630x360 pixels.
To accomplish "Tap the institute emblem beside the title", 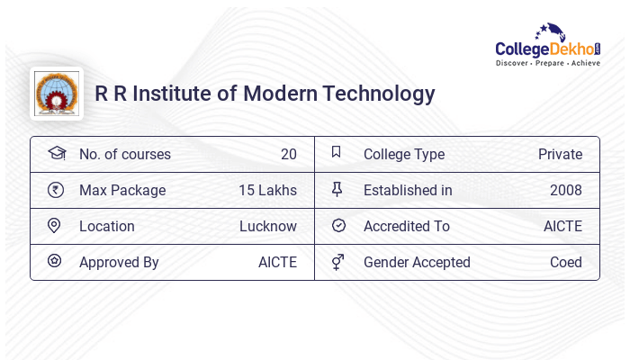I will pyautogui.click(x=56, y=94).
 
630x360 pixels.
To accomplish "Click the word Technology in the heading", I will pyautogui.click(x=386, y=94).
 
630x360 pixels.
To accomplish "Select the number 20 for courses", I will pyautogui.click(x=288, y=155).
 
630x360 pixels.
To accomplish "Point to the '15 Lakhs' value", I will pyautogui.click(x=267, y=191).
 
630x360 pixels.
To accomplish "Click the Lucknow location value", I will pyautogui.click(x=268, y=227).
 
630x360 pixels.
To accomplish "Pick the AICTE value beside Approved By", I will pyautogui.click(x=277, y=263).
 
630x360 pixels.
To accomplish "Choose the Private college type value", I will pyautogui.click(x=560, y=155).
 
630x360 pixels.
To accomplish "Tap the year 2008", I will pyautogui.click(x=565, y=191).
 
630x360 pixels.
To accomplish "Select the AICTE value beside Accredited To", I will pyautogui.click(x=562, y=227).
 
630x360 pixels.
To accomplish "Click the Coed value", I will pyautogui.click(x=565, y=263).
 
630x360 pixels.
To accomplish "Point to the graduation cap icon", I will pyautogui.click(x=56, y=154).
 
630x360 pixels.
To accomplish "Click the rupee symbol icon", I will pyautogui.click(x=55, y=190).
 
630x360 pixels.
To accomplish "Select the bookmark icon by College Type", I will pyautogui.click(x=337, y=153).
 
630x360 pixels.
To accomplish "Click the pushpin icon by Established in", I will pyautogui.click(x=337, y=190).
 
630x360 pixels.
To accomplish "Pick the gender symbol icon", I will pyautogui.click(x=337, y=262).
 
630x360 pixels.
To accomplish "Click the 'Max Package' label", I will pyautogui.click(x=122, y=191).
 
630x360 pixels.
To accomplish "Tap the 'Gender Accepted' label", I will pyautogui.click(x=417, y=263).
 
